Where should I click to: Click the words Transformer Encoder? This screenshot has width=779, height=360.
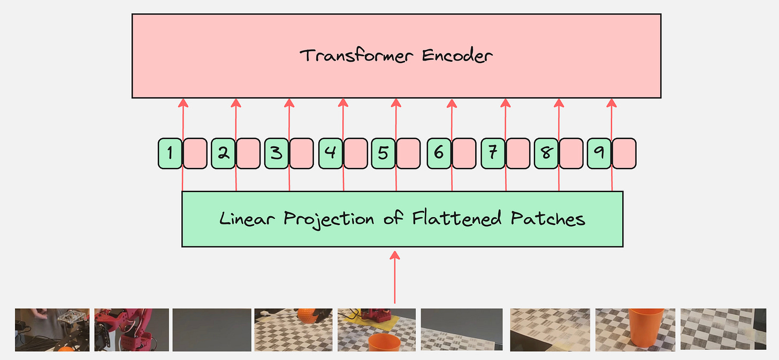coord(396,56)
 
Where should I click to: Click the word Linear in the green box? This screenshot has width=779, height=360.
coord(248,219)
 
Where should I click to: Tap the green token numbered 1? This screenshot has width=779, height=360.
coord(170,154)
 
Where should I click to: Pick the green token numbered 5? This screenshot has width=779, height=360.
coord(383,154)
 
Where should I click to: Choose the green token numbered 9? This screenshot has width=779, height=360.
coord(599,154)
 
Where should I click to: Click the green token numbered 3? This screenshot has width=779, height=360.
coord(277,154)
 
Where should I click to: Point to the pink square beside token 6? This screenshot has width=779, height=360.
coord(463,154)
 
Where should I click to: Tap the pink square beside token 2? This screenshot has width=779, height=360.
coord(249,154)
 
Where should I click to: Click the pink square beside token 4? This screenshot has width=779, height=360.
coord(356,154)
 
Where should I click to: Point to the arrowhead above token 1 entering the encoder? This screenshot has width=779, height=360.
coord(183,102)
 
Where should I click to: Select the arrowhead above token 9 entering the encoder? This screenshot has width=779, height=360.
coord(612,102)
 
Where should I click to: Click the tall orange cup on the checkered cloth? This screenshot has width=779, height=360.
coord(646,326)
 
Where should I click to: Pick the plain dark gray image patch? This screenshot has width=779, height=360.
coord(212,330)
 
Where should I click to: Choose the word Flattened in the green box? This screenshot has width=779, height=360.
coord(458,219)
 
